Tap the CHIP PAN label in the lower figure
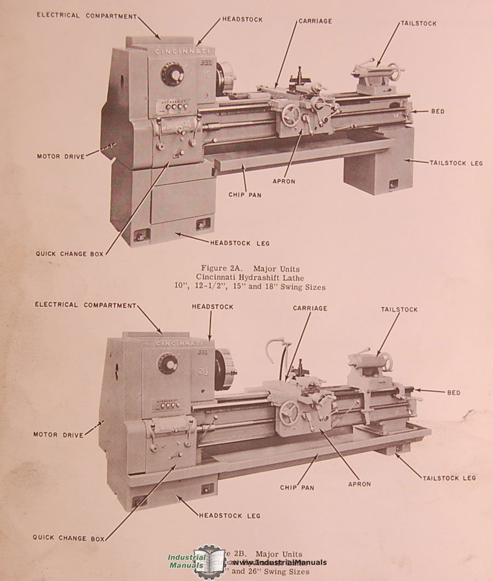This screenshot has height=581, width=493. pos(297,487)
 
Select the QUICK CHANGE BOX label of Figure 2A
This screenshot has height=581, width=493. pos(70,254)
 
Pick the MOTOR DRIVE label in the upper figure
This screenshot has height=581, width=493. pos(61,157)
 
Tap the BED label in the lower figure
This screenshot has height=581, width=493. pos(454,393)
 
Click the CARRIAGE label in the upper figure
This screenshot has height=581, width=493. pos(316,21)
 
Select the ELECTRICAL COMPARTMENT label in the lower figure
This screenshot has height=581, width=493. pos(85,304)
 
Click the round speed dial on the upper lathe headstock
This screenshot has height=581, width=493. pos(173,74)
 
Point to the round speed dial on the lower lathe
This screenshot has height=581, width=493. pos(168,363)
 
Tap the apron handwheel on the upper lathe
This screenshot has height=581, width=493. pos(291,116)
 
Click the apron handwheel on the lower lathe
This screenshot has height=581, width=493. pos(289,413)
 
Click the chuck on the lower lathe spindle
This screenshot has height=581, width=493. pos(225,370)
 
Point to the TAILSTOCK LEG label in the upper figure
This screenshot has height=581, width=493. pos(456,163)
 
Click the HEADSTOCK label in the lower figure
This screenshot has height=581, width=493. pos(212,307)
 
